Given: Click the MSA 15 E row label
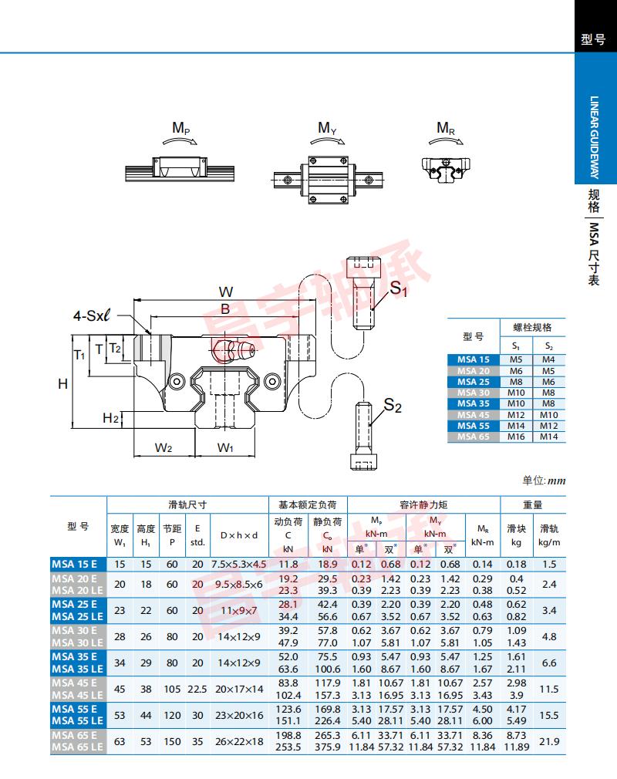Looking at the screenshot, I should coord(74,564).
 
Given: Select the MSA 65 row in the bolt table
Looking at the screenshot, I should coord(474,437).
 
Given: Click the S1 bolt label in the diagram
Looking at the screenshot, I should coord(398,290).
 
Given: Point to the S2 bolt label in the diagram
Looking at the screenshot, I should coord(393,405).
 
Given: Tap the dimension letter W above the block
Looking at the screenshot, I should coord(225,292).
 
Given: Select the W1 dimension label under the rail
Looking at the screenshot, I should coord(225,447).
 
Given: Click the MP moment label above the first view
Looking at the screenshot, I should coord(181,128).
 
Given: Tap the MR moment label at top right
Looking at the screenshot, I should coord(446,128).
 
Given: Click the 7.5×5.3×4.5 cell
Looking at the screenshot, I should coord(238,564).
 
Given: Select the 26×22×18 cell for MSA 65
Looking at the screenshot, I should coord(238,741).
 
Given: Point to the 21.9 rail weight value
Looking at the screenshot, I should coord(549,741).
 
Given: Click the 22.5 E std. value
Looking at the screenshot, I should coord(197,688).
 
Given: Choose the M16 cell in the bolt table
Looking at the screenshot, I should coord(516,437).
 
